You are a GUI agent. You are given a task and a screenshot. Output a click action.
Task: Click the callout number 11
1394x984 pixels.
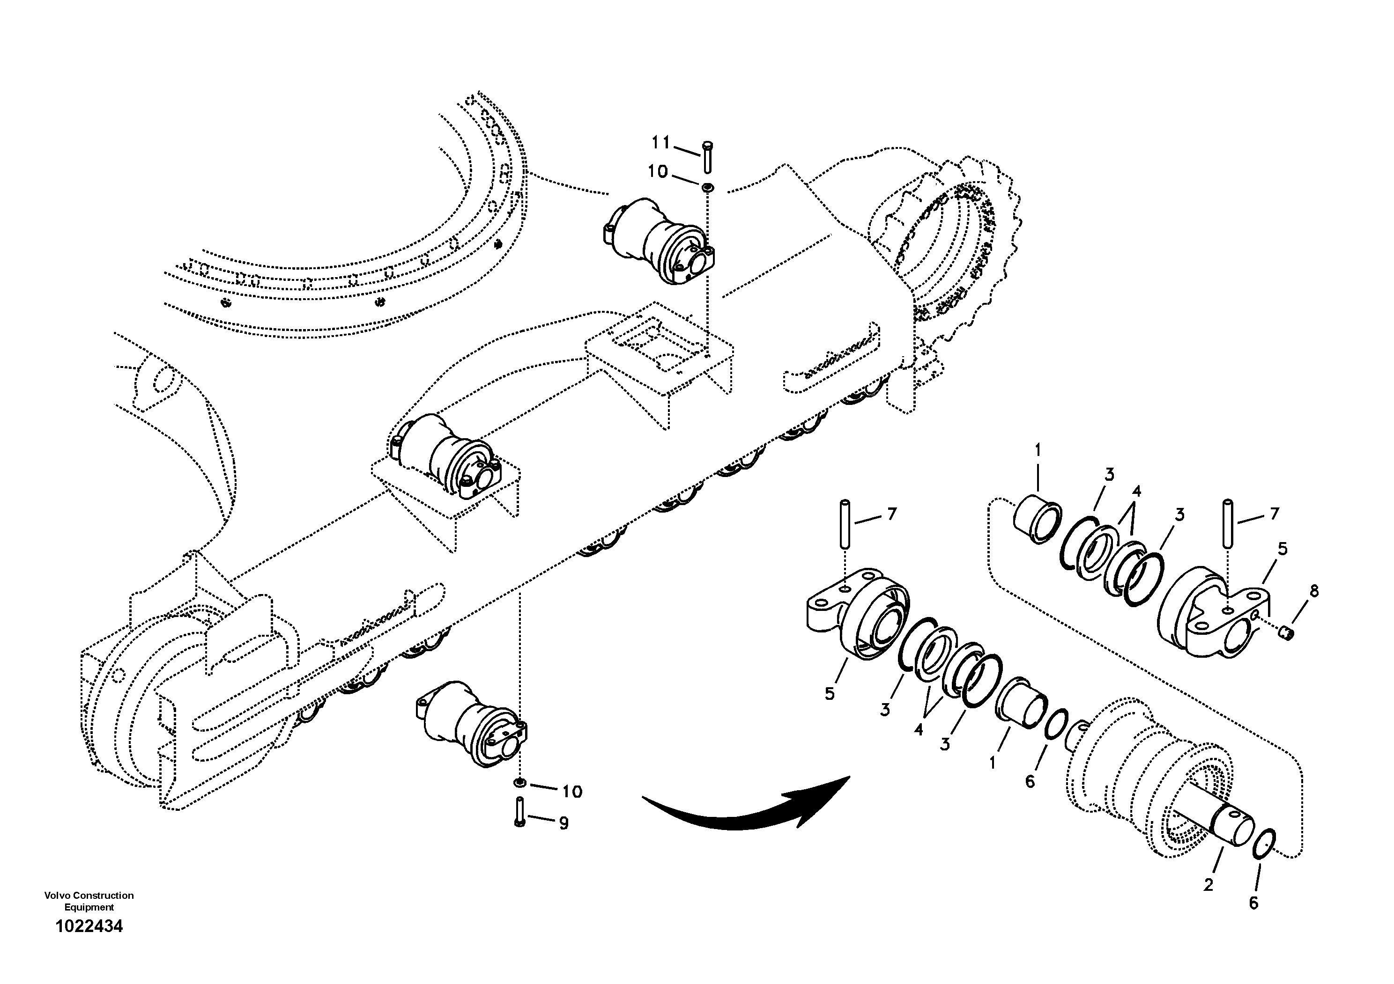tap(660, 143)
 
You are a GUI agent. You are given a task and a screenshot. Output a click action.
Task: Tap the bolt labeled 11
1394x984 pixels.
tap(708, 156)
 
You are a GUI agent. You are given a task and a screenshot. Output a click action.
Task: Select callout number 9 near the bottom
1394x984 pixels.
tap(564, 823)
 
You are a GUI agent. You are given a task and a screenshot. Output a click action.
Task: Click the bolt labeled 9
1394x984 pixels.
tap(519, 812)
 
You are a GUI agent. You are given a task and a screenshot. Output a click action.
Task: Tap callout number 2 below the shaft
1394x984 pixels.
tap(1208, 885)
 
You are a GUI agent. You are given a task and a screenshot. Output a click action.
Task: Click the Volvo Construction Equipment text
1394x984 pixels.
tap(89, 901)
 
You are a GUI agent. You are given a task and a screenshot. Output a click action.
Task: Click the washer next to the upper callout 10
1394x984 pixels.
tap(707, 188)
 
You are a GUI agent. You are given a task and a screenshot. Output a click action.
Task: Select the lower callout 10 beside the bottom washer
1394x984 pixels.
tap(572, 791)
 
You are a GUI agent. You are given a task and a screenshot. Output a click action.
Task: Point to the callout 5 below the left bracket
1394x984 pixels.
tap(830, 693)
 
